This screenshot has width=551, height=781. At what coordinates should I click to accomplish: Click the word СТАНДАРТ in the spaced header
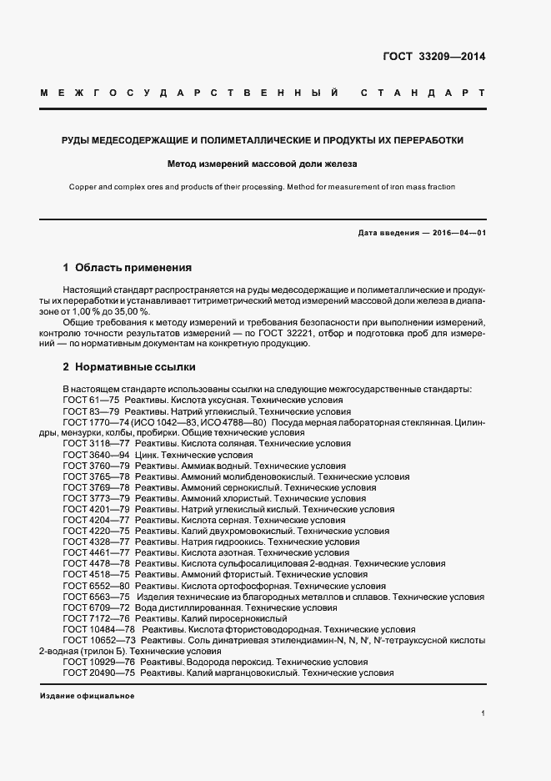pyautogui.click(x=423, y=92)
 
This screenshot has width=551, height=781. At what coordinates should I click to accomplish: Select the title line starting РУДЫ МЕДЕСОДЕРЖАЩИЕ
pyautogui.click(x=263, y=140)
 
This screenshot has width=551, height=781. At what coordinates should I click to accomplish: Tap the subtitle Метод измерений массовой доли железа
pyautogui.click(x=263, y=164)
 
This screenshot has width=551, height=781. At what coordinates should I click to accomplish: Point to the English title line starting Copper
pyautogui.click(x=263, y=187)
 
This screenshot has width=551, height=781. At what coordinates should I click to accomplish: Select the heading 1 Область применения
pyautogui.click(x=128, y=269)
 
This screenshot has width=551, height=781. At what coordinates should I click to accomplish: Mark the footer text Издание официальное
pyautogui.click(x=87, y=696)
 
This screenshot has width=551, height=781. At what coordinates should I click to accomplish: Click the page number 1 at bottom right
pyautogui.click(x=483, y=713)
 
